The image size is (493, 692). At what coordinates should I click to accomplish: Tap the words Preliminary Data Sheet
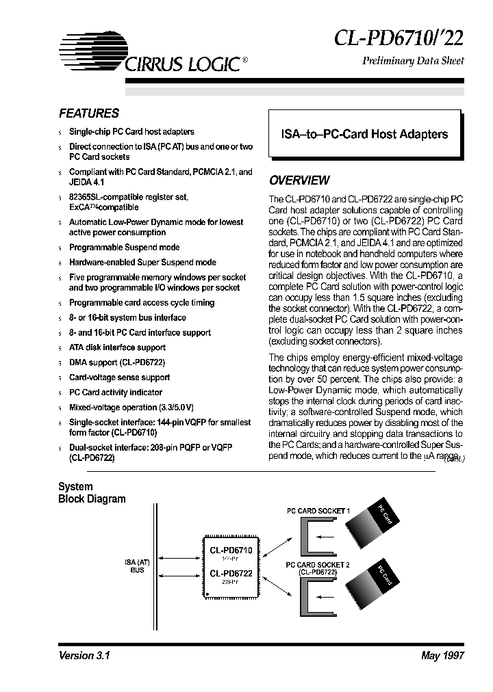412,61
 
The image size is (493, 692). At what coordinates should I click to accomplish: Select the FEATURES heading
89,114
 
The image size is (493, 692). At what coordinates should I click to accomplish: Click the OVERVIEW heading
299,181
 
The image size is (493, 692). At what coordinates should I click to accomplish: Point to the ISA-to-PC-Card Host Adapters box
365,135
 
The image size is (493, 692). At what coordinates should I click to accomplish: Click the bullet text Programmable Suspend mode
124,248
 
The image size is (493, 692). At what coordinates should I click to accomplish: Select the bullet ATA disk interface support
117,347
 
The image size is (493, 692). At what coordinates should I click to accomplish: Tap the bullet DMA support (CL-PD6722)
117,362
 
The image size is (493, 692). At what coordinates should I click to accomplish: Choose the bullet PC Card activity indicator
116,392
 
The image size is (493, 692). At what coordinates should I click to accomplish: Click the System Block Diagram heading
92,493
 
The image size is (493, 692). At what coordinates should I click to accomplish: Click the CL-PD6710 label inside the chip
231,550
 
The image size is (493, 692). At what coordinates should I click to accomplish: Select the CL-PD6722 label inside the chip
231,573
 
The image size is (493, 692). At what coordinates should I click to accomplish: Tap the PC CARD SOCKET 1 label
318,511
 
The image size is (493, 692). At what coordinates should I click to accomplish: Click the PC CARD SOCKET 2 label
318,565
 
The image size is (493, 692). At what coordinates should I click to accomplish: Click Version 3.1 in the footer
85,655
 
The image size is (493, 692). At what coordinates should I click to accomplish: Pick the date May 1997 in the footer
442,655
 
